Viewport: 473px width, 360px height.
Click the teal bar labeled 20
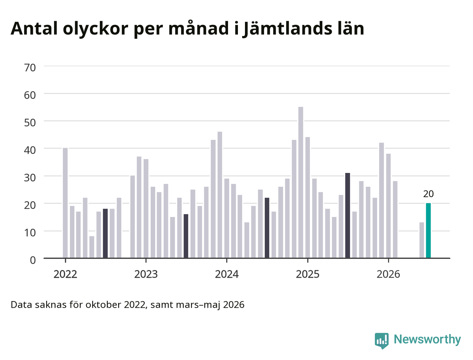(428, 230)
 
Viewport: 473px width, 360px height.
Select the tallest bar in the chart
(301, 182)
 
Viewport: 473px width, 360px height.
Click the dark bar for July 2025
(347, 215)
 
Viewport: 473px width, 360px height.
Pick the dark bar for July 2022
(105, 233)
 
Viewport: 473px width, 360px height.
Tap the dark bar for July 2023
(186, 236)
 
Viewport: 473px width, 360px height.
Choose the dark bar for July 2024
(267, 228)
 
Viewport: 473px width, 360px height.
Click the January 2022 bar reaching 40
(65, 203)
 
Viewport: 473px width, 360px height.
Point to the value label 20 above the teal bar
(428, 194)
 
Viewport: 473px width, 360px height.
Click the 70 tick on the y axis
(30, 68)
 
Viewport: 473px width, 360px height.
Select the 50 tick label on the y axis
(30, 122)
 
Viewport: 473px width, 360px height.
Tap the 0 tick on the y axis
(33, 260)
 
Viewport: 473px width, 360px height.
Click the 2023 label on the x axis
(146, 274)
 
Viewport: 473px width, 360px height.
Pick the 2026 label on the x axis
(388, 274)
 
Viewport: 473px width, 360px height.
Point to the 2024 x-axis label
(227, 274)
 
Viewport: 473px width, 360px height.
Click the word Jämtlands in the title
(287, 29)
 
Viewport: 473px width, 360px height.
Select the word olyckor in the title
(95, 29)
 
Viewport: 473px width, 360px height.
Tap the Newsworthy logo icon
(382, 341)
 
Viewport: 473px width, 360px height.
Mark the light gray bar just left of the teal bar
(421, 240)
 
